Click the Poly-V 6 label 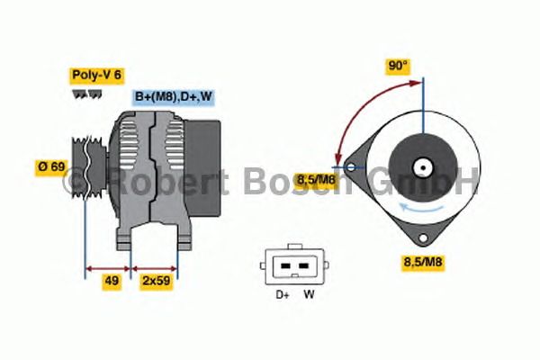(97, 76)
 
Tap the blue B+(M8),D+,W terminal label (173, 97)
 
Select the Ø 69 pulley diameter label (51, 167)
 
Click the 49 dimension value (112, 281)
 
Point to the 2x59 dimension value (157, 281)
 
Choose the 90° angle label (398, 66)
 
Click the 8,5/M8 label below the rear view (423, 262)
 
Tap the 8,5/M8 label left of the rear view (316, 179)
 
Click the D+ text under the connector (283, 295)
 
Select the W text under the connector (309, 294)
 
